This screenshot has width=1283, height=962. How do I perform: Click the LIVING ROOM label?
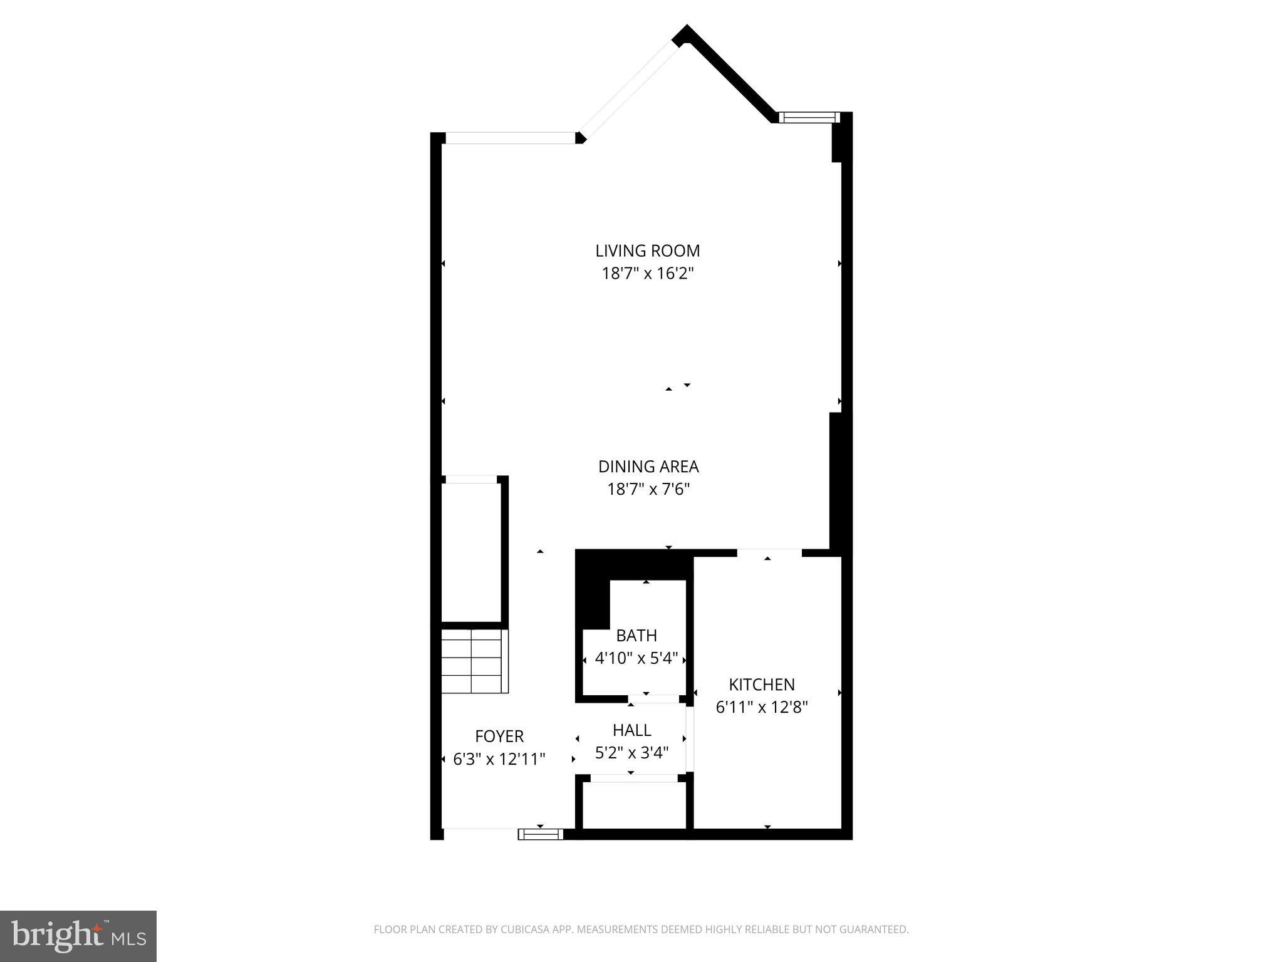click(647, 251)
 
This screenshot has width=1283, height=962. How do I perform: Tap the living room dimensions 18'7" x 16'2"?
click(647, 274)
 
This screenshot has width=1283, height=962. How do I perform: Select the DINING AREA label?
click(648, 467)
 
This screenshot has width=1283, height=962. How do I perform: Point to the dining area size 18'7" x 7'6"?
click(648, 489)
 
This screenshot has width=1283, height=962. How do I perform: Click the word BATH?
click(636, 636)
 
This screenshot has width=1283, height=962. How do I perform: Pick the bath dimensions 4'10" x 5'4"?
click(636, 658)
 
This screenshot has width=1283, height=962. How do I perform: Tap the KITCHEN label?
click(762, 685)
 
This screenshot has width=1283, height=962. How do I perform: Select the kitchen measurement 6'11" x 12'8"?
click(762, 707)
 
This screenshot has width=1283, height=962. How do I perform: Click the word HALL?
click(631, 730)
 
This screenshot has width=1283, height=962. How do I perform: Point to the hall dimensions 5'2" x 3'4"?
click(631, 753)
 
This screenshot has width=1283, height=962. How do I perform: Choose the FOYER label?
click(499, 736)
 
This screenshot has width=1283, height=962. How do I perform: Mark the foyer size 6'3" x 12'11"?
click(499, 759)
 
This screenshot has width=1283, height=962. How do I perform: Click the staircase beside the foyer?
click(474, 661)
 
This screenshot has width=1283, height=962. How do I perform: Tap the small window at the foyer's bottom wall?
click(541, 834)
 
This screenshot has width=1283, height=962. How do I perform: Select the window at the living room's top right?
click(808, 117)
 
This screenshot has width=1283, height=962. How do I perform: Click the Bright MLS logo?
click(78, 936)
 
